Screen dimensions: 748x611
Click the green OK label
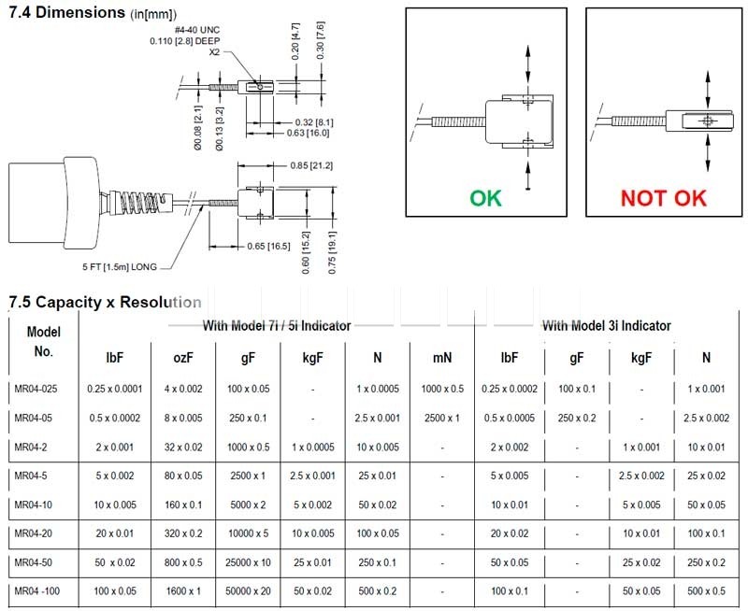tap(485, 198)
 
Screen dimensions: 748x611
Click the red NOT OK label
tap(664, 198)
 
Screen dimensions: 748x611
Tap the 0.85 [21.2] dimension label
tap(311, 166)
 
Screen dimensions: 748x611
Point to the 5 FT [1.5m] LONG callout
tap(120, 267)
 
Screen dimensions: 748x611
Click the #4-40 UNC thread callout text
tap(197, 30)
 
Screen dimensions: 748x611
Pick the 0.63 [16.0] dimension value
tap(308, 133)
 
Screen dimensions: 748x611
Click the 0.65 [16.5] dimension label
tap(268, 247)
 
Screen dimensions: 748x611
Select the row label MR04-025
tap(36, 389)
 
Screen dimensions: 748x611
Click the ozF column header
tap(183, 358)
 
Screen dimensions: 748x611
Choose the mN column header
tap(442, 358)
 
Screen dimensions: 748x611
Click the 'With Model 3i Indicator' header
tap(607, 326)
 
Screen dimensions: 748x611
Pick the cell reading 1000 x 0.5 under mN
tap(442, 389)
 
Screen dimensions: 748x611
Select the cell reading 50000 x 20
tap(248, 591)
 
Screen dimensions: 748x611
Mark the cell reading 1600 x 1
tap(183, 591)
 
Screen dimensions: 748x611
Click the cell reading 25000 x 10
tap(248, 562)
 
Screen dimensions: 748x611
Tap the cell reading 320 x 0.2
tap(183, 533)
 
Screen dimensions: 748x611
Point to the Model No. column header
tap(43, 342)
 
